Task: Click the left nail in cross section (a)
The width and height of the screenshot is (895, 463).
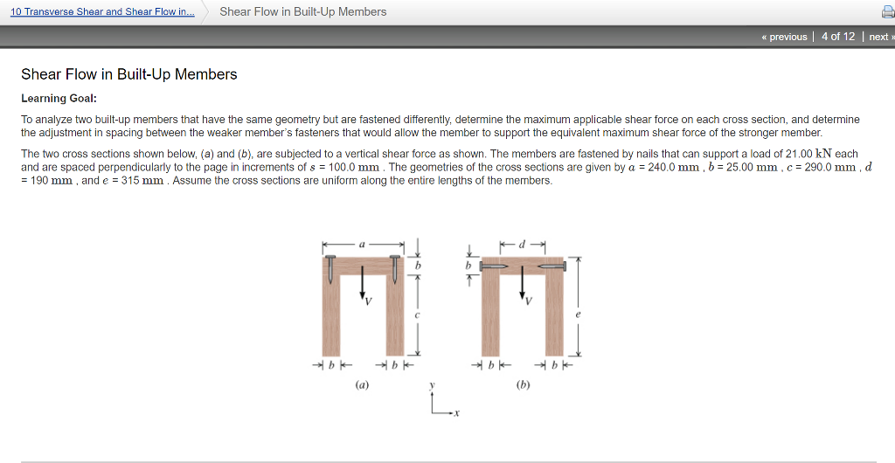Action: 331,268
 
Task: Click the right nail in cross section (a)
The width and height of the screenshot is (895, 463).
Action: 394,268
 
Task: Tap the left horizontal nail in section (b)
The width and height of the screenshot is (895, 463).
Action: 495,266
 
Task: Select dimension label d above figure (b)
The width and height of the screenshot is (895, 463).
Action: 523,245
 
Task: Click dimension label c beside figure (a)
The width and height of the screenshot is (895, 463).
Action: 418,314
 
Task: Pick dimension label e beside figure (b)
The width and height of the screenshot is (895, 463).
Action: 578,314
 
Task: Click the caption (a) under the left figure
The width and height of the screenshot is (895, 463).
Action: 362,384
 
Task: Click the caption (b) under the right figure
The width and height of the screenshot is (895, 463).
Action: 523,384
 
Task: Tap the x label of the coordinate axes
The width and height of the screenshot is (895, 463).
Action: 455,415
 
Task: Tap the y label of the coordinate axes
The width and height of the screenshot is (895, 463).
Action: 433,384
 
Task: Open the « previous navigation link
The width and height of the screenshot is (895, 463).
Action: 784,37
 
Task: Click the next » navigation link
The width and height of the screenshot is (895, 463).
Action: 878,37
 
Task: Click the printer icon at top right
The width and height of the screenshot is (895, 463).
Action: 886,12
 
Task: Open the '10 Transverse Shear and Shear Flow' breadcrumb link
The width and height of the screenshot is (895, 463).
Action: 102,11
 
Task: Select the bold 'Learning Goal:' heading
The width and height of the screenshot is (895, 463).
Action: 59,98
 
